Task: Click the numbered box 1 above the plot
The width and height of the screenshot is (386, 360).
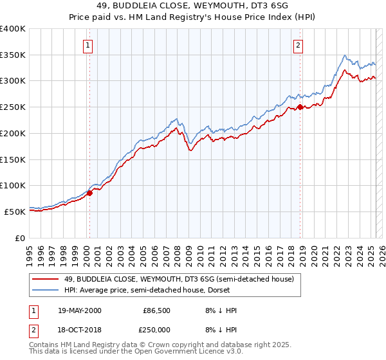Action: coord(87,45)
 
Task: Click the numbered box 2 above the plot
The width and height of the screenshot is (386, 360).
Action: coord(299,45)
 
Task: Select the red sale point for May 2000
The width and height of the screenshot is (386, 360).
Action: coord(90,192)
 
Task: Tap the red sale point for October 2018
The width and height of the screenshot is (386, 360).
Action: coord(300,107)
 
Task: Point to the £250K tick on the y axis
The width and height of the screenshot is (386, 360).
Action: coord(14,107)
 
